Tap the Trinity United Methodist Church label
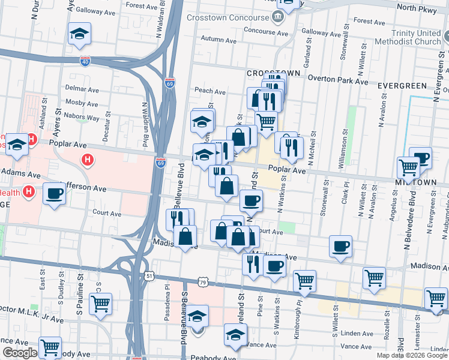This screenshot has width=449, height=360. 408,37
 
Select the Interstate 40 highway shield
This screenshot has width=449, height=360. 86,61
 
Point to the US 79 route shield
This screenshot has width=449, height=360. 203,282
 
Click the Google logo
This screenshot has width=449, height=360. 20,353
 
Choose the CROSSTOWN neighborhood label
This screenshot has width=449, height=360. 273,73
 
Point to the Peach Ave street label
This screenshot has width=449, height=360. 209,92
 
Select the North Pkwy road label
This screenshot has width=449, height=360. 415,8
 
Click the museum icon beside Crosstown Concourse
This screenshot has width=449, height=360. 278,16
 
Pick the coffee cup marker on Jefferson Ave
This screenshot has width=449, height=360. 55,193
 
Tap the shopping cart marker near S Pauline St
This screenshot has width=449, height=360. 100,302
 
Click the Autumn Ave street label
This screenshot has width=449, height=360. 220,38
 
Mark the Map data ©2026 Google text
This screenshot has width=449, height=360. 412,355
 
